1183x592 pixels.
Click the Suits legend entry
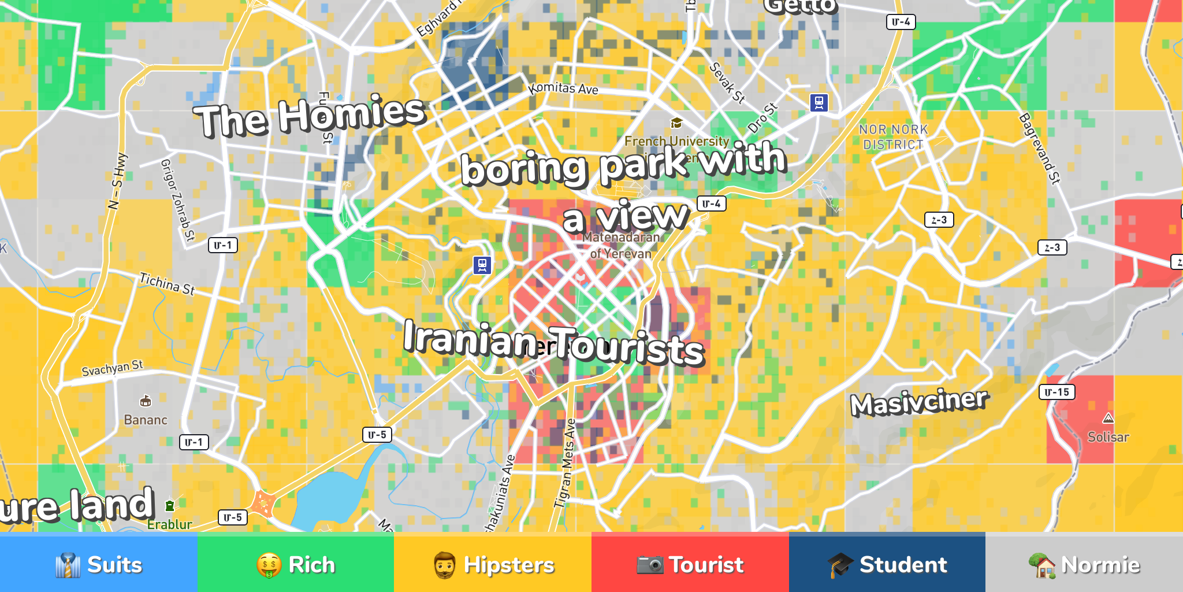pos(99,564)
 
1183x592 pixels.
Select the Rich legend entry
pos(296,564)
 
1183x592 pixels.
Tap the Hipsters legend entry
pos(493,564)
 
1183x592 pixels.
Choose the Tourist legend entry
pos(690,564)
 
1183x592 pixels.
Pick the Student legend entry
pos(887,564)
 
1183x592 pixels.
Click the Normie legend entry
pos(1084,564)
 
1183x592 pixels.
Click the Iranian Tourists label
pos(553,344)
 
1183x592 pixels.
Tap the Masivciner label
pos(919,402)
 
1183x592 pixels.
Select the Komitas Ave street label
pos(563,88)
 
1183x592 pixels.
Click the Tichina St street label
pos(167,284)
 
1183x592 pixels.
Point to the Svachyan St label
pos(112,368)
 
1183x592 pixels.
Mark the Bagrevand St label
pos(1040,149)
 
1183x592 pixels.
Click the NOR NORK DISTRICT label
pos(893,137)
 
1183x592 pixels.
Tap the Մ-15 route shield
pos(1057,392)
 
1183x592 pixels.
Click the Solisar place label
pos(1108,437)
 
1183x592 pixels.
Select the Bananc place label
pos(146,420)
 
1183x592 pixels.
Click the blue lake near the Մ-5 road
pos(329,497)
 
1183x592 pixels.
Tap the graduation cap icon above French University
pos(676,123)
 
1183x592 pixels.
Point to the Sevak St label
pos(727,83)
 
